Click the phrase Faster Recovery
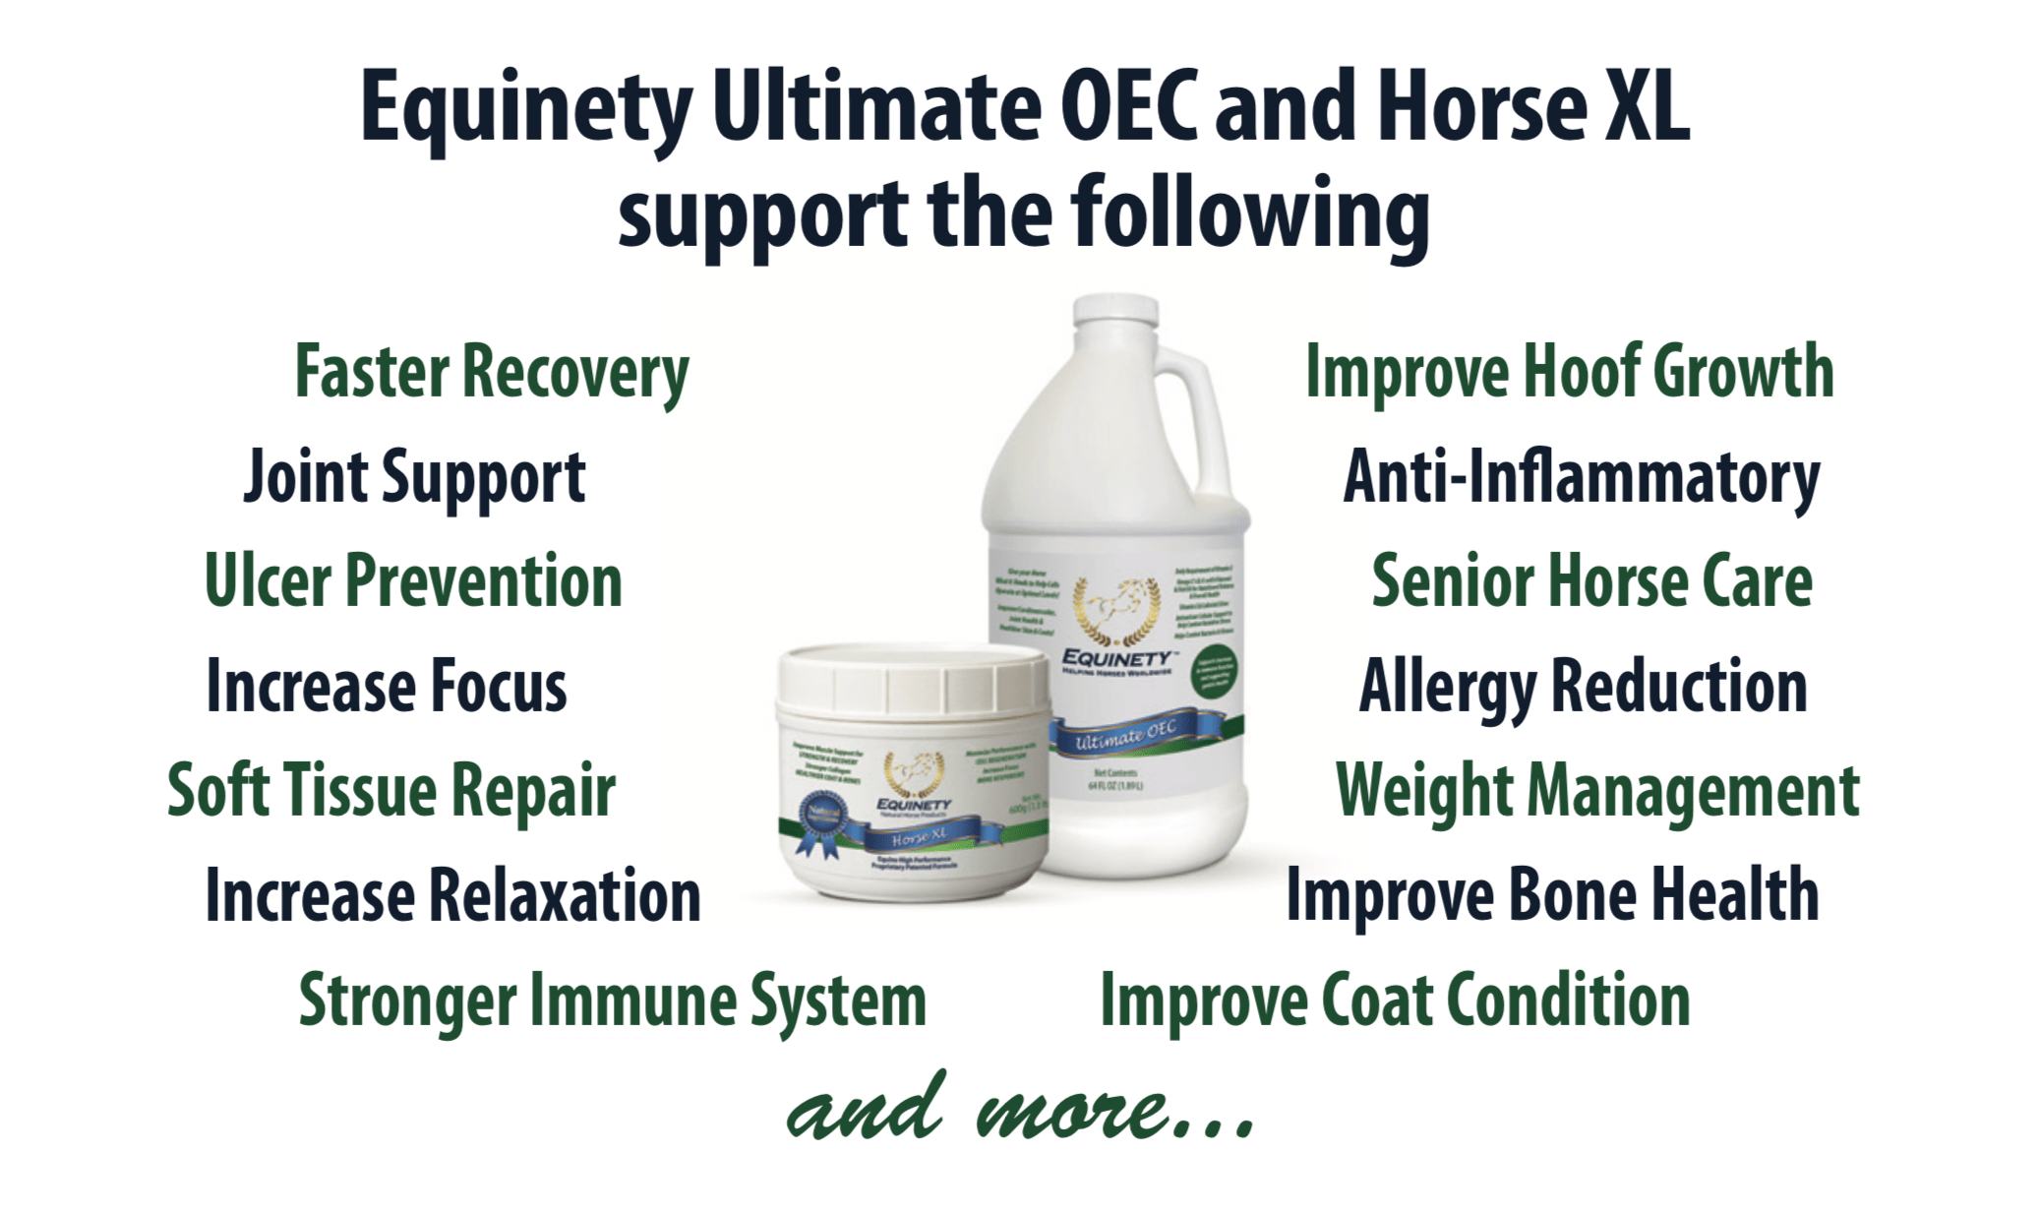click(x=492, y=374)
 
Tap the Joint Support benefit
click(x=414, y=479)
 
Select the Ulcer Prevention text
click(x=413, y=582)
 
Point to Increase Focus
click(x=387, y=687)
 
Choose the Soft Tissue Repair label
click(x=391, y=791)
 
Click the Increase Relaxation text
click(x=452, y=896)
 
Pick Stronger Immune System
click(x=612, y=1002)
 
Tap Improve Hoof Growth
click(x=1569, y=374)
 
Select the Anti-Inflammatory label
click(x=1581, y=479)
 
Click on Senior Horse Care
click(x=1591, y=582)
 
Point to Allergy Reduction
click(x=1583, y=687)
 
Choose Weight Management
click(x=1597, y=791)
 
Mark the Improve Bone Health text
click(x=1552, y=896)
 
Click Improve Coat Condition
click(x=1395, y=1002)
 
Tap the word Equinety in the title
click(x=526, y=110)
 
